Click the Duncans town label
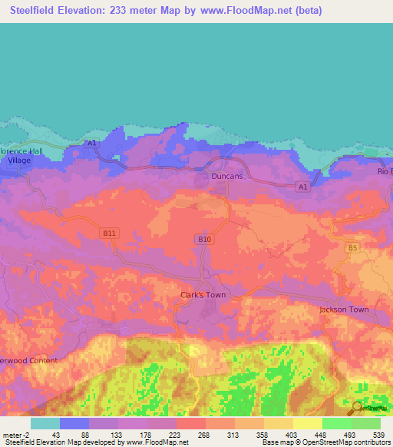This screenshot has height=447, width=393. [x=227, y=176]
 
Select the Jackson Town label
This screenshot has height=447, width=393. [x=344, y=310]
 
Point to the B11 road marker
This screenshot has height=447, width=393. [x=110, y=232]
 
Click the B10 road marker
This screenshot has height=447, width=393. [x=203, y=240]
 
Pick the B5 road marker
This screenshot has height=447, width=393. [x=352, y=247]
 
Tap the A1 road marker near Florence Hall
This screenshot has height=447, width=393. [x=92, y=143]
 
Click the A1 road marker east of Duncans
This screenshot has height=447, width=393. [x=302, y=187]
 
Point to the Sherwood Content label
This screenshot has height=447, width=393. [x=29, y=360]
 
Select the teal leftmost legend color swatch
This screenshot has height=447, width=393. [x=45, y=423]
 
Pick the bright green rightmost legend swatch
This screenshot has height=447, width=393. [x=365, y=423]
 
